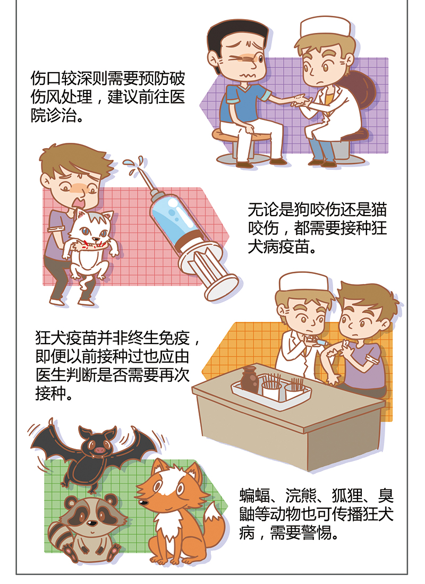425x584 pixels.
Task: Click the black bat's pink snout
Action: pyautogui.click(x=100, y=450)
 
